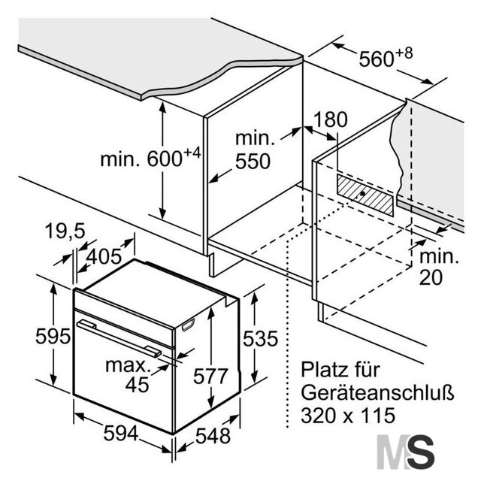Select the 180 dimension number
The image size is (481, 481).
pyautogui.click(x=331, y=119)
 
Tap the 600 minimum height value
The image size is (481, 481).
pyautogui.click(x=165, y=159)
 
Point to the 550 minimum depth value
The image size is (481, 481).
pyautogui.click(x=253, y=161)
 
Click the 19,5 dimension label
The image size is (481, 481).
pyautogui.click(x=65, y=231)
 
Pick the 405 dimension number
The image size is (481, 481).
pyautogui.click(x=104, y=256)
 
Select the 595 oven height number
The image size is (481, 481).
pyautogui.click(x=53, y=336)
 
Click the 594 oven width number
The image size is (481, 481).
pyautogui.click(x=121, y=434)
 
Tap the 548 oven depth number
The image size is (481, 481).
pyautogui.click(x=213, y=436)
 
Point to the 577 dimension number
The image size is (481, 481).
pyautogui.click(x=210, y=376)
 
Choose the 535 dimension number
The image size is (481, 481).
pyautogui.click(x=261, y=339)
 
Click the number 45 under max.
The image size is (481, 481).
pyautogui.click(x=137, y=385)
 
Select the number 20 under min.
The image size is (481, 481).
pyautogui.click(x=431, y=277)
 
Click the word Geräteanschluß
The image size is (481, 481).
pyautogui.click(x=377, y=393)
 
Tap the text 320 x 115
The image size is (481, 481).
pyautogui.click(x=348, y=416)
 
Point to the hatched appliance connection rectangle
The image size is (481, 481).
pyautogui.click(x=365, y=195)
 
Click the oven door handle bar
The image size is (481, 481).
pyautogui.click(x=119, y=338)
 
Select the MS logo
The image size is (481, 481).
pyautogui.click(x=406, y=452)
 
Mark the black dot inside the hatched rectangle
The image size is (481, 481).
pyautogui.click(x=362, y=193)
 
